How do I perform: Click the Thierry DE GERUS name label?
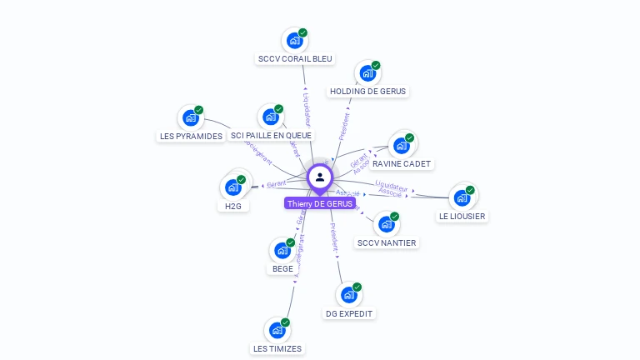pos(320,203)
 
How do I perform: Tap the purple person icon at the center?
pos(320,177)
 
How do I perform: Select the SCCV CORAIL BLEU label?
pos(295,59)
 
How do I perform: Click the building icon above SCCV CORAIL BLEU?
pos(294,39)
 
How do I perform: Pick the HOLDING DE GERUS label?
pos(368,92)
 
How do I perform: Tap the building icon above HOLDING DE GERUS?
pos(367,72)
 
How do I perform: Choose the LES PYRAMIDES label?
pos(190,136)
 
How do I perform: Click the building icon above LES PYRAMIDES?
pos(190,117)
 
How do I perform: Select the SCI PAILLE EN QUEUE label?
pos(272,136)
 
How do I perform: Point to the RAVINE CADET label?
pos(402,164)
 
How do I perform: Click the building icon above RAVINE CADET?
pos(401,145)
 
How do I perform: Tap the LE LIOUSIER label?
pos(462,217)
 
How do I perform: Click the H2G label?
pos(232,206)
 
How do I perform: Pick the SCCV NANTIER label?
pos(386,243)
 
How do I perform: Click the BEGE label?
pos(282,269)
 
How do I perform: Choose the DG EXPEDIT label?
pos(349,314)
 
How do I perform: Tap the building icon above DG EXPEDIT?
pos(348,294)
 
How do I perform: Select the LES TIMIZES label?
pos(277,349)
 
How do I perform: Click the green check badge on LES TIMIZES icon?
pos(286,322)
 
